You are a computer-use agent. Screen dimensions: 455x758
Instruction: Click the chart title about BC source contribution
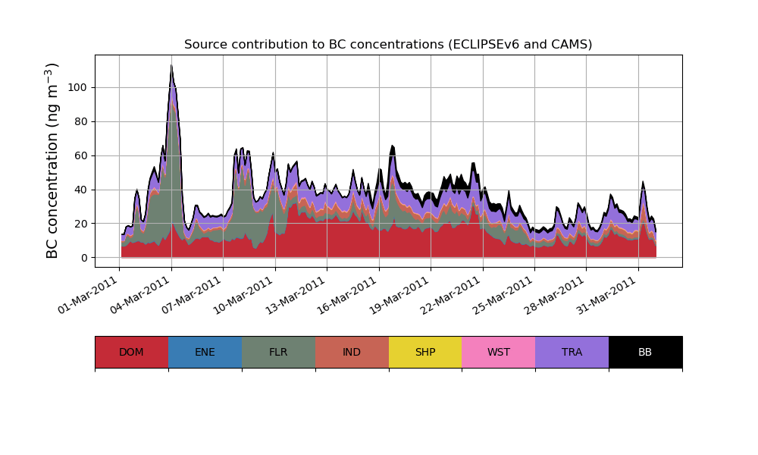coord(388,45)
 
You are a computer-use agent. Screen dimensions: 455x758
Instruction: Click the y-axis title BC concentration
coord(52,161)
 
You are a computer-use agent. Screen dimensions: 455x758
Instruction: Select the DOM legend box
coord(131,352)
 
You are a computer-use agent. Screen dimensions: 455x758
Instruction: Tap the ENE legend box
coord(205,352)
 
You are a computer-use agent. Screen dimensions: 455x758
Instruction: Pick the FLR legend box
coord(278,352)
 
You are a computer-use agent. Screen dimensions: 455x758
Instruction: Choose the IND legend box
coord(352,352)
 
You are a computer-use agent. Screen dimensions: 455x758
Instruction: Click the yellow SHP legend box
coord(425,352)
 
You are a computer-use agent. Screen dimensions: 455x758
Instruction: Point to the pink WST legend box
coord(499,352)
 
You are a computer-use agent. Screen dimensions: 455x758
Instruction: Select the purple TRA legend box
coord(572,352)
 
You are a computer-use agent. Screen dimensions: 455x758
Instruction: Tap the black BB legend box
coord(645,352)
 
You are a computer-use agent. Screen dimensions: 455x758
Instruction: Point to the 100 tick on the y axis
coord(79,87)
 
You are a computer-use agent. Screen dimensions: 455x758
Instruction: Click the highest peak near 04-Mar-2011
coord(171,66)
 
